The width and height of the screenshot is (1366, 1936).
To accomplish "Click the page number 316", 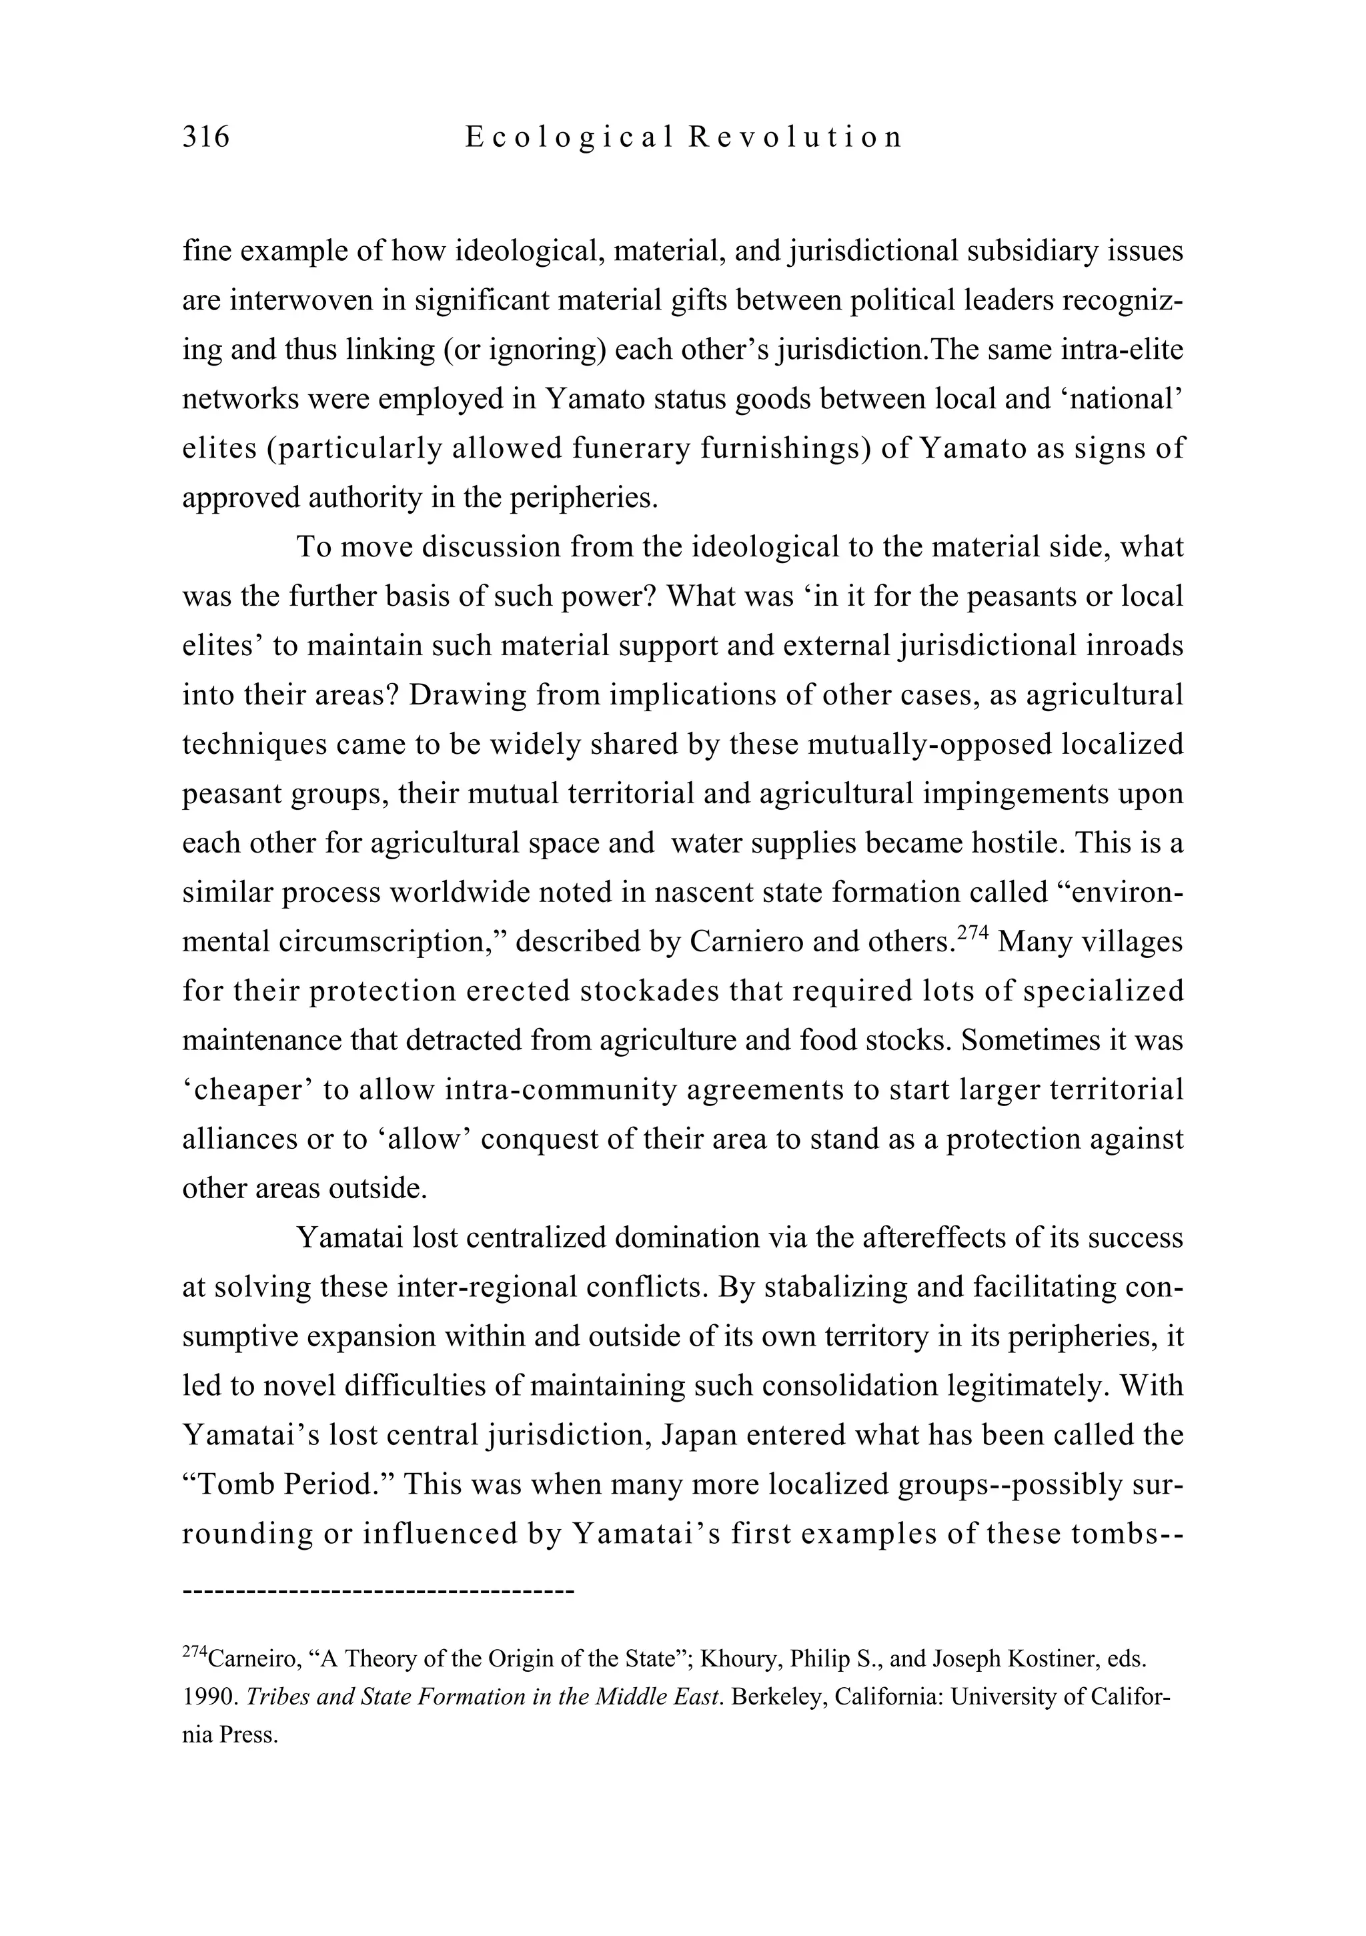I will [205, 137].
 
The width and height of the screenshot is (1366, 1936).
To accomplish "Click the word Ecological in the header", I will [569, 137].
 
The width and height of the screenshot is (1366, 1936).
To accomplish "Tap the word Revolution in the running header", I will [795, 137].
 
